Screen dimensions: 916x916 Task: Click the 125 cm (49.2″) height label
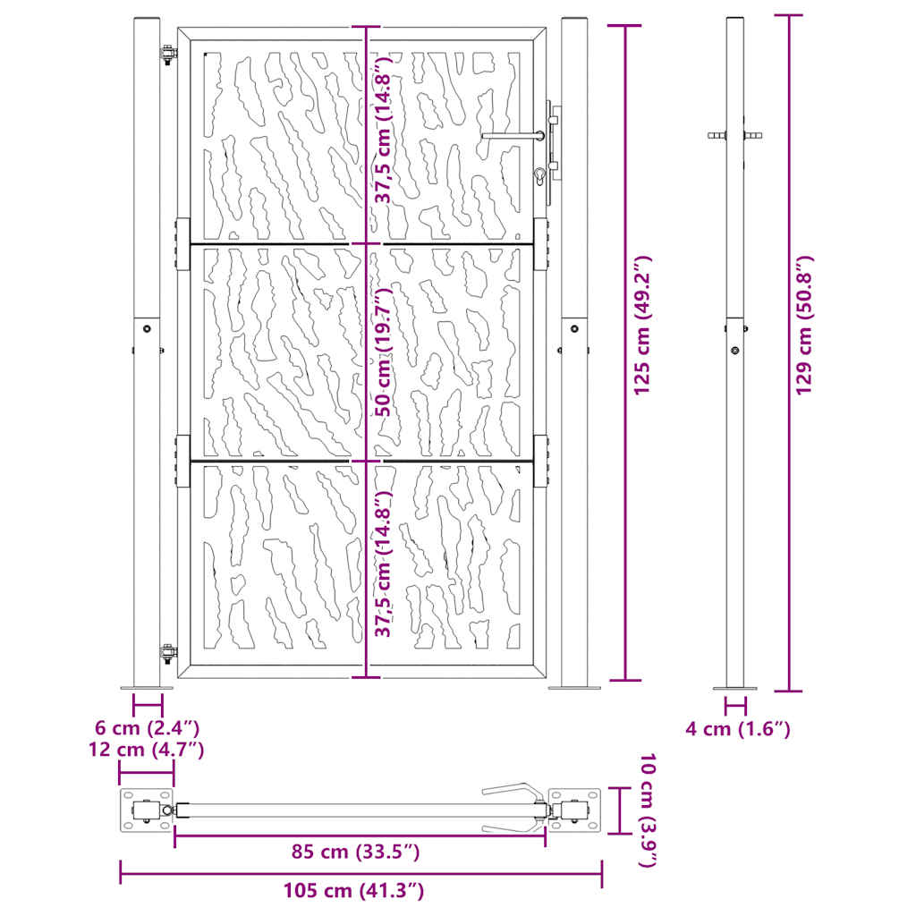[643, 326]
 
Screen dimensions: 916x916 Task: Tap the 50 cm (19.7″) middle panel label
[384, 352]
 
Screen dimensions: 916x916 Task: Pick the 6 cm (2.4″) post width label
[148, 728]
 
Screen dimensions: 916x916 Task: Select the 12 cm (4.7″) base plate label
[147, 749]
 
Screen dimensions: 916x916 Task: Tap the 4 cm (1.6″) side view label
[738, 729]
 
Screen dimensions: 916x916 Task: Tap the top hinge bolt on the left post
[166, 53]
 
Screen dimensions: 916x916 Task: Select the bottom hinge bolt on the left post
[166, 652]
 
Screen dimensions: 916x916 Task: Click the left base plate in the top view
[146, 810]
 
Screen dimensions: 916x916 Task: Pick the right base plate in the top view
[574, 810]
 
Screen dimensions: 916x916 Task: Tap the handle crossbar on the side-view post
[734, 136]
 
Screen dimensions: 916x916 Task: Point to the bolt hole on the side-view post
[734, 351]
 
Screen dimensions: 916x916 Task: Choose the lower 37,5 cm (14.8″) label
[384, 564]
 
